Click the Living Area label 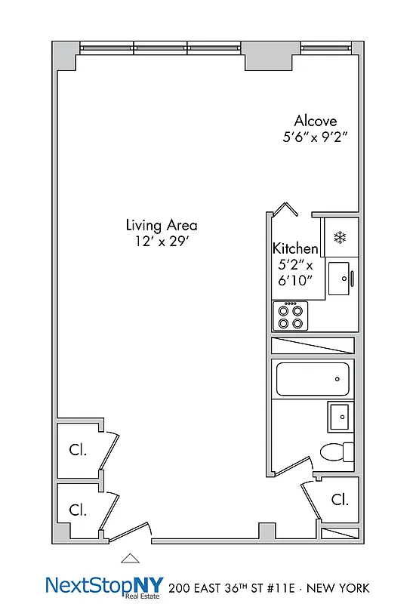[162, 225]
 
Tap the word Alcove [315, 121]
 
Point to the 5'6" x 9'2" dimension [315, 137]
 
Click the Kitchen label [295, 248]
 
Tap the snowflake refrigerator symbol [340, 238]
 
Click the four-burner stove [292, 316]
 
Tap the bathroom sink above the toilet [340, 416]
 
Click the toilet [336, 451]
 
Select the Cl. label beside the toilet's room [339, 499]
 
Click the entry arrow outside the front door [131, 558]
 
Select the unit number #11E [273, 587]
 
